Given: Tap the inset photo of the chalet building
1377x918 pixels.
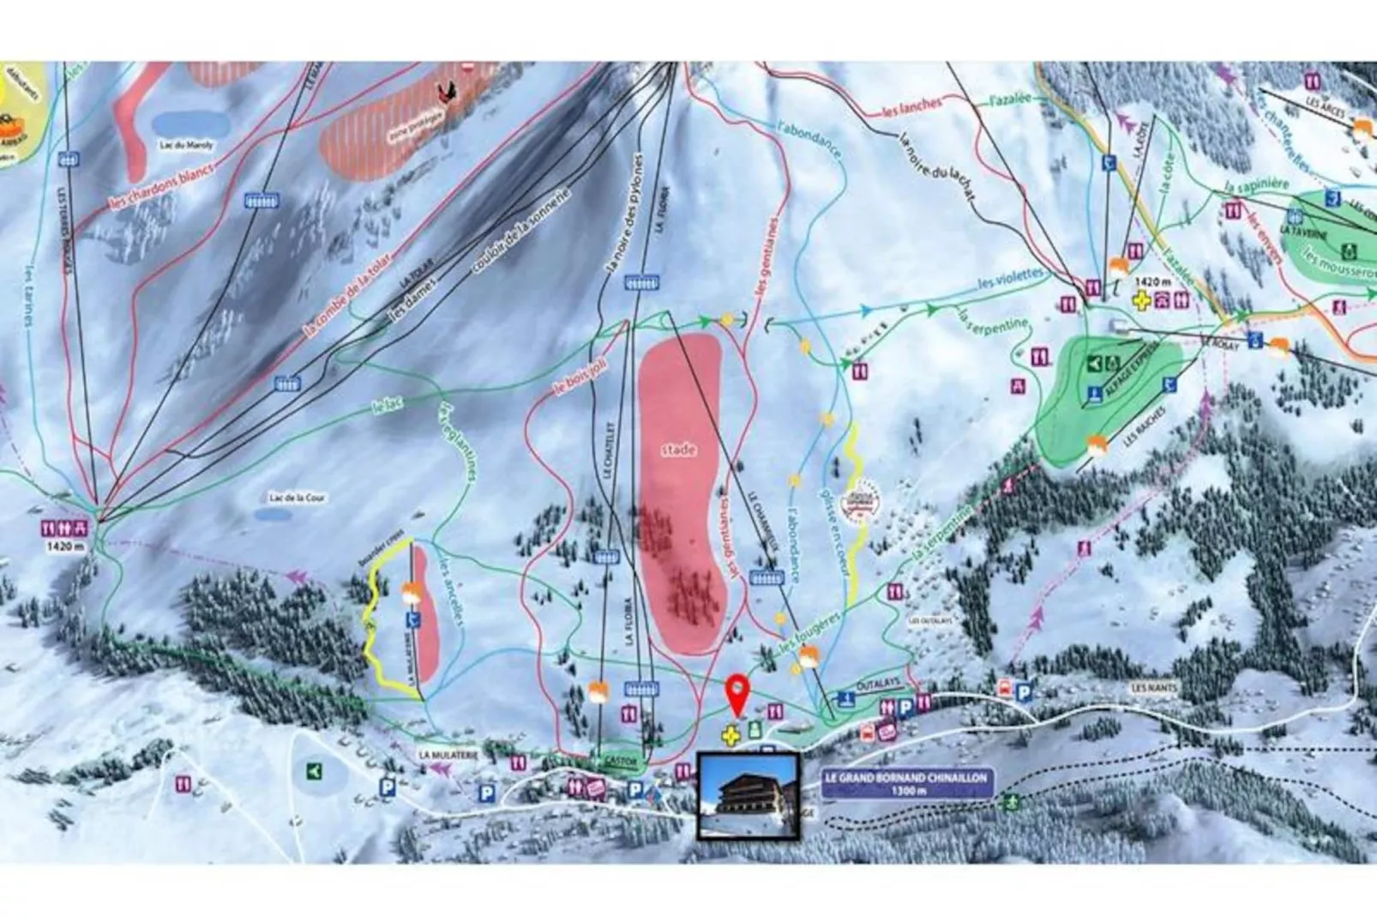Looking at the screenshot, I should point(748,796).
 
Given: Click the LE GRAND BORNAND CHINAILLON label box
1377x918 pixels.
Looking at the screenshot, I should point(905,783).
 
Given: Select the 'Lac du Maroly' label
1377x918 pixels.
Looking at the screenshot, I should point(186,145).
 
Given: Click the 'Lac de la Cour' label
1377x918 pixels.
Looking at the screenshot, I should point(297,498).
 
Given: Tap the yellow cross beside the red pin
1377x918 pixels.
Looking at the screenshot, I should point(730,734).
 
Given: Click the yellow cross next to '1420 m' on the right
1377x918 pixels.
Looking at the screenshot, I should point(1140,300).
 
